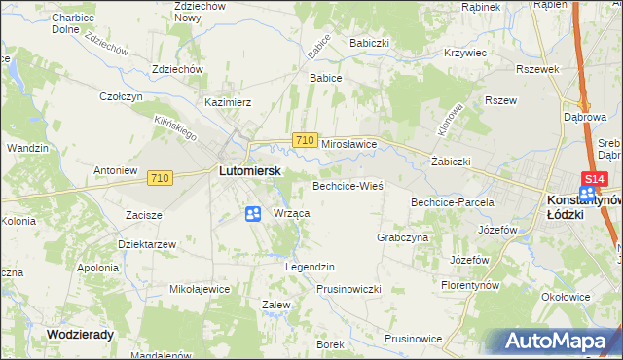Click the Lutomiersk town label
[249, 170]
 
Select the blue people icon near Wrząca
[253, 214]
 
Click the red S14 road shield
[594, 179]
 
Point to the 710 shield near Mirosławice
[305, 141]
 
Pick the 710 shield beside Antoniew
[162, 178]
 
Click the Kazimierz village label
[228, 102]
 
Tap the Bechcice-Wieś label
[348, 185]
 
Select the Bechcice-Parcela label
[453, 202]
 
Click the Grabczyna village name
[402, 237]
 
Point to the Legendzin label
[310, 267]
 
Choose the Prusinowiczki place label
[348, 290]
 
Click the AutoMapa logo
[559, 341]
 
